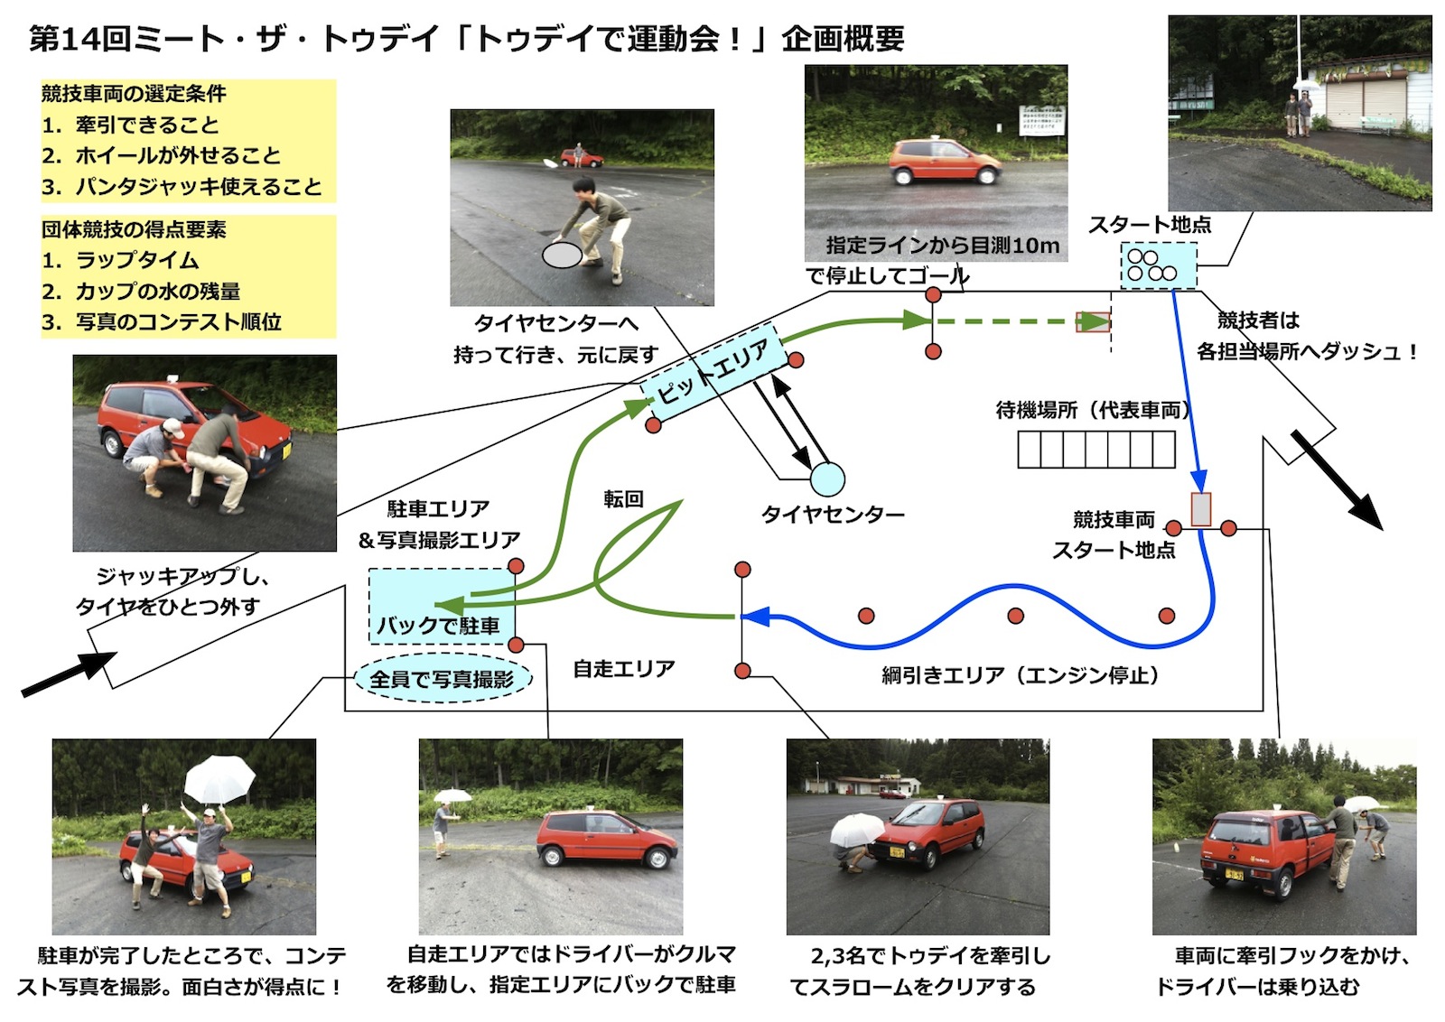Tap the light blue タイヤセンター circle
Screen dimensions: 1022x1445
click(826, 479)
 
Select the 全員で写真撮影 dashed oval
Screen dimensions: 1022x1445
click(442, 679)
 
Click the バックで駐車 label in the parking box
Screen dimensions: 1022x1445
click(438, 626)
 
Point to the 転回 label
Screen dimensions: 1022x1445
click(623, 499)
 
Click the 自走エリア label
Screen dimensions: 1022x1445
click(624, 669)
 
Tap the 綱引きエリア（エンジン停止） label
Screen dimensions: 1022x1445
click(1020, 675)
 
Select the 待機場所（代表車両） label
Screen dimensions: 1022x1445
click(1093, 411)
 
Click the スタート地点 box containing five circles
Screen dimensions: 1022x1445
click(1158, 265)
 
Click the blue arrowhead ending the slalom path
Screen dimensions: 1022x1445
click(755, 617)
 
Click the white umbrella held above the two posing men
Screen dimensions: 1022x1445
click(220, 779)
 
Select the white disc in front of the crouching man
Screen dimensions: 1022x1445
click(562, 255)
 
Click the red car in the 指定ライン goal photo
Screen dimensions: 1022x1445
click(944, 163)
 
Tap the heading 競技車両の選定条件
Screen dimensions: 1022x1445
click(134, 94)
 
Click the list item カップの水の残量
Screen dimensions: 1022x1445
click(157, 292)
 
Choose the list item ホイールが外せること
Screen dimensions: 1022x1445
click(177, 156)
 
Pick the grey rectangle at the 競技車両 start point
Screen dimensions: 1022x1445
click(1200, 509)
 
